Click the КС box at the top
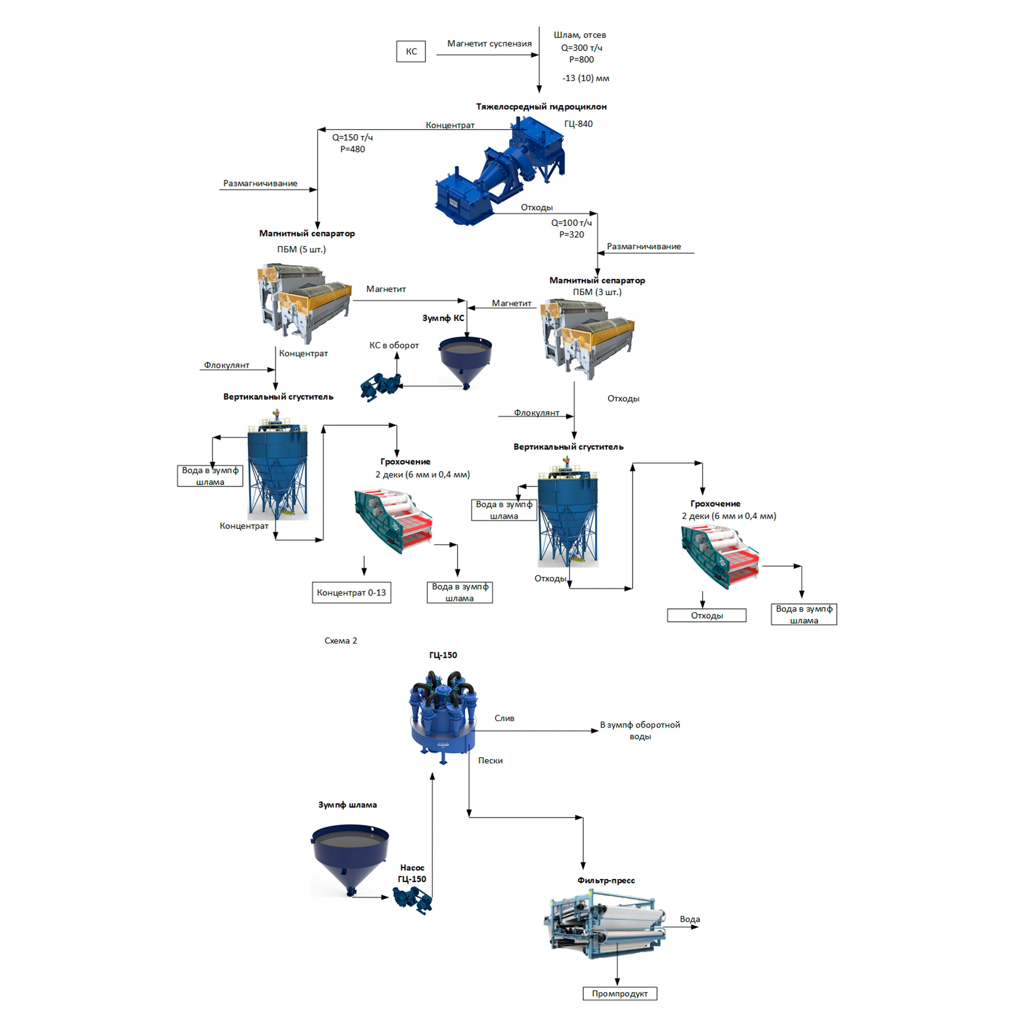click(x=410, y=51)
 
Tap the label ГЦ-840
click(x=578, y=124)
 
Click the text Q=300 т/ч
click(x=581, y=48)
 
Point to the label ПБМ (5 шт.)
click(x=301, y=249)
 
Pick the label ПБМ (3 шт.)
click(x=597, y=292)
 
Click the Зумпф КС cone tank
click(x=465, y=361)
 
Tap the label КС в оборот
click(x=394, y=345)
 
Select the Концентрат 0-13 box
click(x=352, y=593)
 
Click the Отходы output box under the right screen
click(x=706, y=615)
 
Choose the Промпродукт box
click(x=619, y=993)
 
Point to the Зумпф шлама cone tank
click(x=350, y=857)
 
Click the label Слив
click(x=504, y=718)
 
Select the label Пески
click(x=490, y=760)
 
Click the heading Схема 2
click(x=340, y=641)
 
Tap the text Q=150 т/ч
click(x=353, y=138)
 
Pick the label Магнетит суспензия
click(x=489, y=44)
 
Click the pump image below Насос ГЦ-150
click(x=413, y=900)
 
